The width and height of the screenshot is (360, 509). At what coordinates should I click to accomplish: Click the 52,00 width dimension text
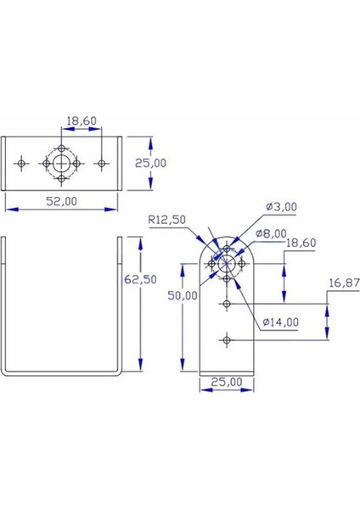(x=60, y=201)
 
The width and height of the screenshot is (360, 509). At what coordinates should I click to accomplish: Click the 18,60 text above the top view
(x=82, y=122)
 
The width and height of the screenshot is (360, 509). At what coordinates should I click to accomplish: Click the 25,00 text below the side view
(x=226, y=383)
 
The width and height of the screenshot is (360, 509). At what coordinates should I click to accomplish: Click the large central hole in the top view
(x=61, y=161)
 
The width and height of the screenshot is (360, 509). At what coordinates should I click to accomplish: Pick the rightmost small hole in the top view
(x=101, y=161)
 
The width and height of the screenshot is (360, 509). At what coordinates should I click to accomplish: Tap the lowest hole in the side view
(x=226, y=339)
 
